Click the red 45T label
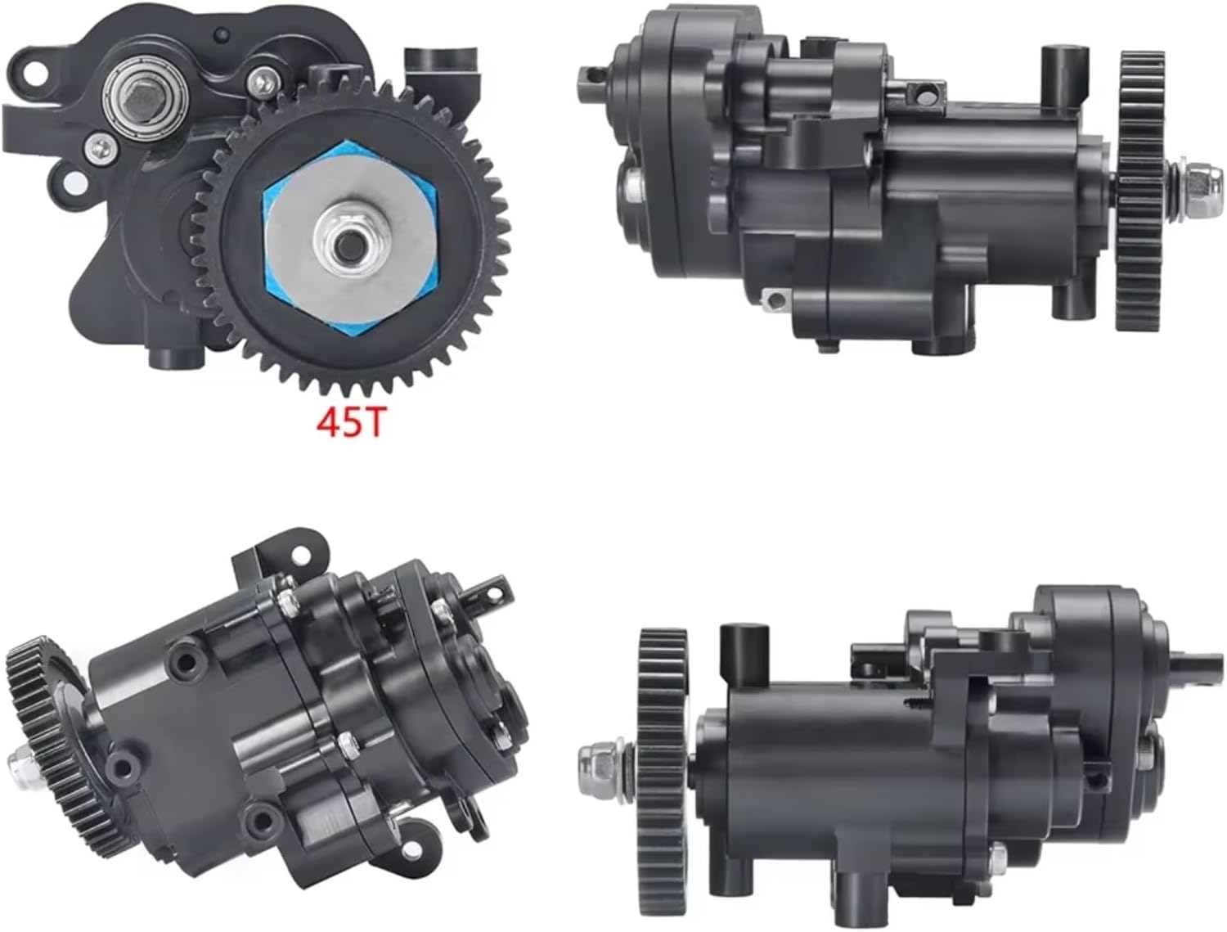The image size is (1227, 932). click(x=350, y=424)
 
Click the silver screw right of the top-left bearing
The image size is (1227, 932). click(x=262, y=79)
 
